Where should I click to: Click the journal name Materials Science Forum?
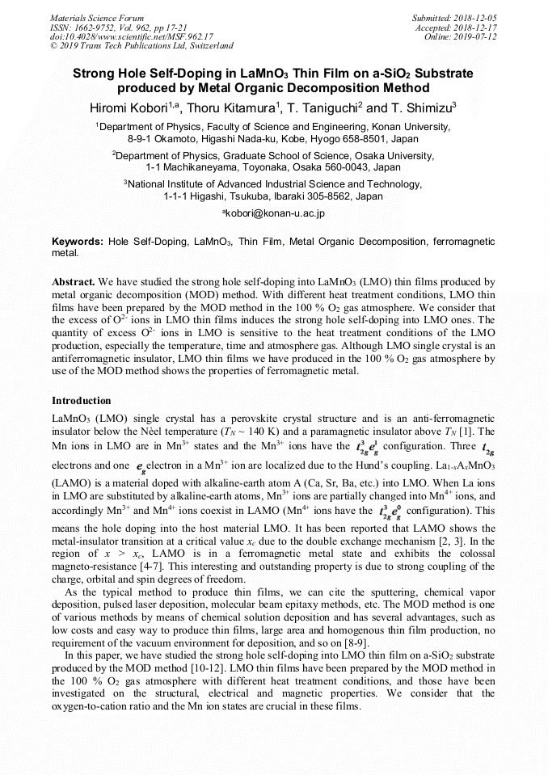(x=97, y=18)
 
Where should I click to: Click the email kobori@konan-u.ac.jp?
(x=273, y=213)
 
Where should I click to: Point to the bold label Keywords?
(x=78, y=242)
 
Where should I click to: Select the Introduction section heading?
(x=82, y=400)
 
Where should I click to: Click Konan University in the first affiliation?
(x=410, y=127)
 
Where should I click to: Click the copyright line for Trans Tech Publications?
(x=141, y=46)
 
